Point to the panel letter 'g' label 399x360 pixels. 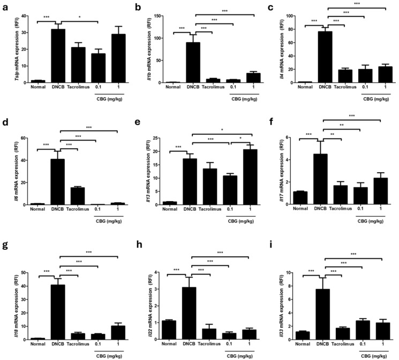[x=4, y=251]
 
